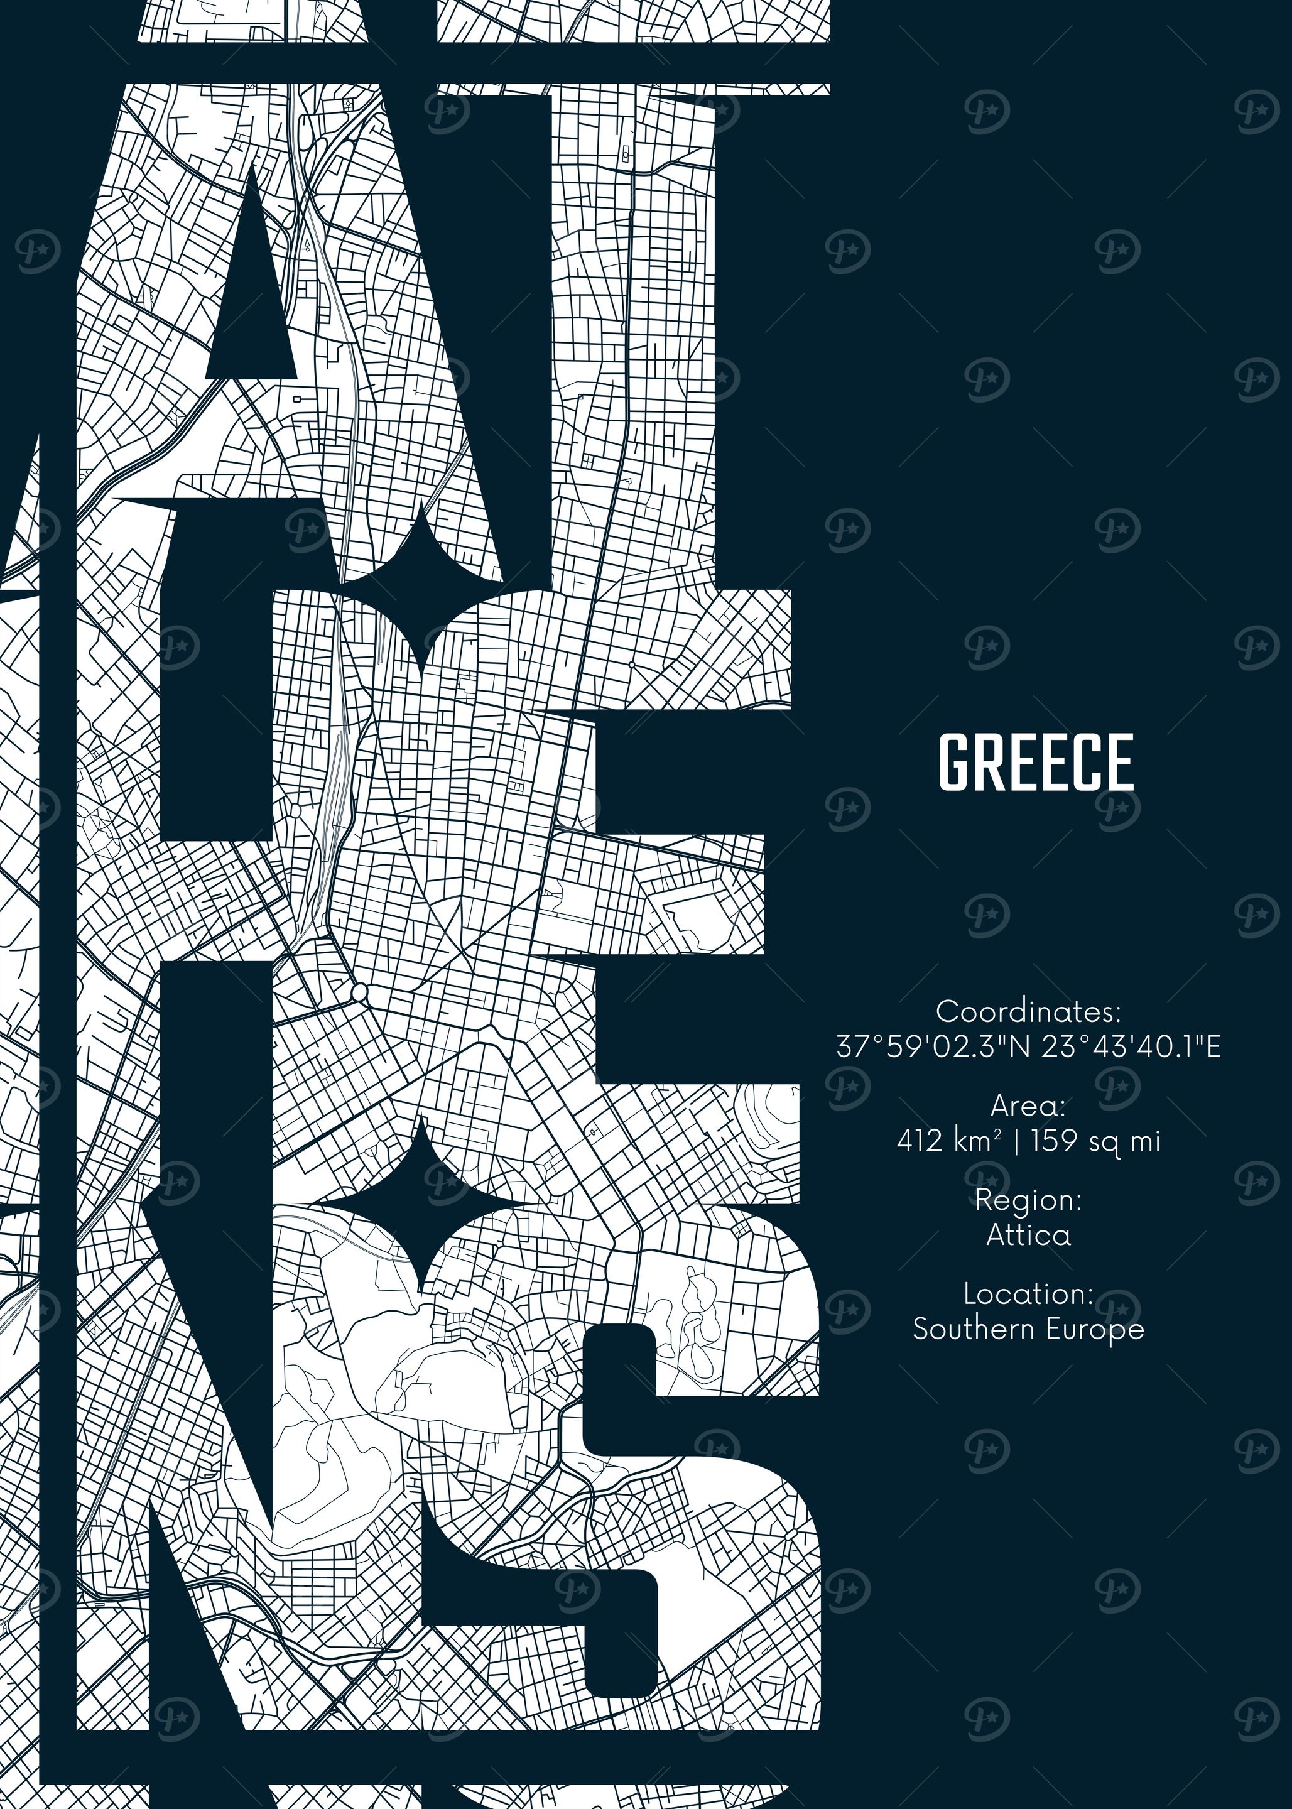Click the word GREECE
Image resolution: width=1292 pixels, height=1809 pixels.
click(x=1036, y=762)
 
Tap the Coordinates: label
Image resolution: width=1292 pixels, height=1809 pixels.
click(x=1028, y=1012)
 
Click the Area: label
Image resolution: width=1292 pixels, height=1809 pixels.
click(x=1028, y=1105)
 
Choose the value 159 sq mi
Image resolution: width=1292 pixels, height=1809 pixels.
click(x=1095, y=1141)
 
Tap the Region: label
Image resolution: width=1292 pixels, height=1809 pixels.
click(x=1028, y=1200)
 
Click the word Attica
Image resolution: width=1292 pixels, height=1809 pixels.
click(x=1028, y=1235)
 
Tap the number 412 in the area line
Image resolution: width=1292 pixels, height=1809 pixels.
click(x=920, y=1141)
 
